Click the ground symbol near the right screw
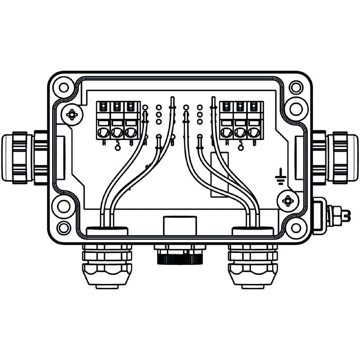point(280,177)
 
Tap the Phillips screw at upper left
point(72,115)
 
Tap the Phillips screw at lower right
point(288,201)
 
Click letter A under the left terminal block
point(104,143)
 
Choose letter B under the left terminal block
point(130,143)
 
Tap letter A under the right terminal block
point(227,143)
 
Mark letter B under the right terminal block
point(254,143)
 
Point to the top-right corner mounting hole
point(296,87)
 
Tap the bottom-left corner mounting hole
point(64,227)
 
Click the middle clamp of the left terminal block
point(117,132)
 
